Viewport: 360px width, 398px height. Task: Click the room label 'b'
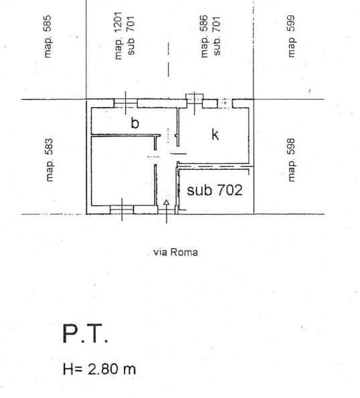coord(134,123)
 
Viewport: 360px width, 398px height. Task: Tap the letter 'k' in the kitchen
coord(215,134)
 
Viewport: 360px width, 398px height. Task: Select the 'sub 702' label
coord(214,190)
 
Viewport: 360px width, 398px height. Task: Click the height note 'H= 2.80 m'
coord(100,369)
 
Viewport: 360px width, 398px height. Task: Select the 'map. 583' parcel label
coord(49,161)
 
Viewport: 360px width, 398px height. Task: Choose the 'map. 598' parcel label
coord(291,161)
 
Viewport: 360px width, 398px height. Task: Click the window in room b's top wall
coord(124,103)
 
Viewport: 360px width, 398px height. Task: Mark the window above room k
coord(194,102)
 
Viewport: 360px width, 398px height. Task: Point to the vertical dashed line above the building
coord(168,60)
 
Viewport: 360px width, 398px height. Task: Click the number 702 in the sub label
coord(228,190)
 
